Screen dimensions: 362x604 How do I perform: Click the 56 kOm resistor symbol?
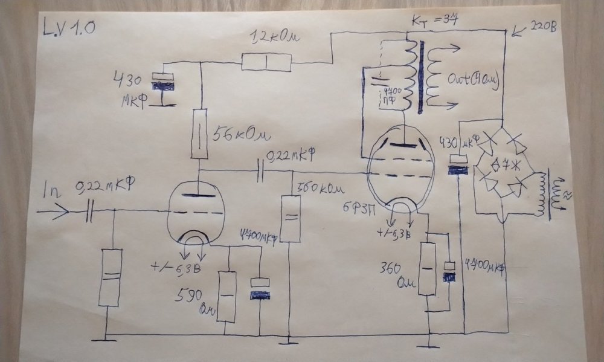[x=200, y=134]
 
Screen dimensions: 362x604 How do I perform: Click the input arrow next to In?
[x=53, y=212]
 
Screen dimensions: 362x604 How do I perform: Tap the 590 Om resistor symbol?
[x=226, y=297]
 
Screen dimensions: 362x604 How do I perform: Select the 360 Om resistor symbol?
[x=427, y=269]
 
